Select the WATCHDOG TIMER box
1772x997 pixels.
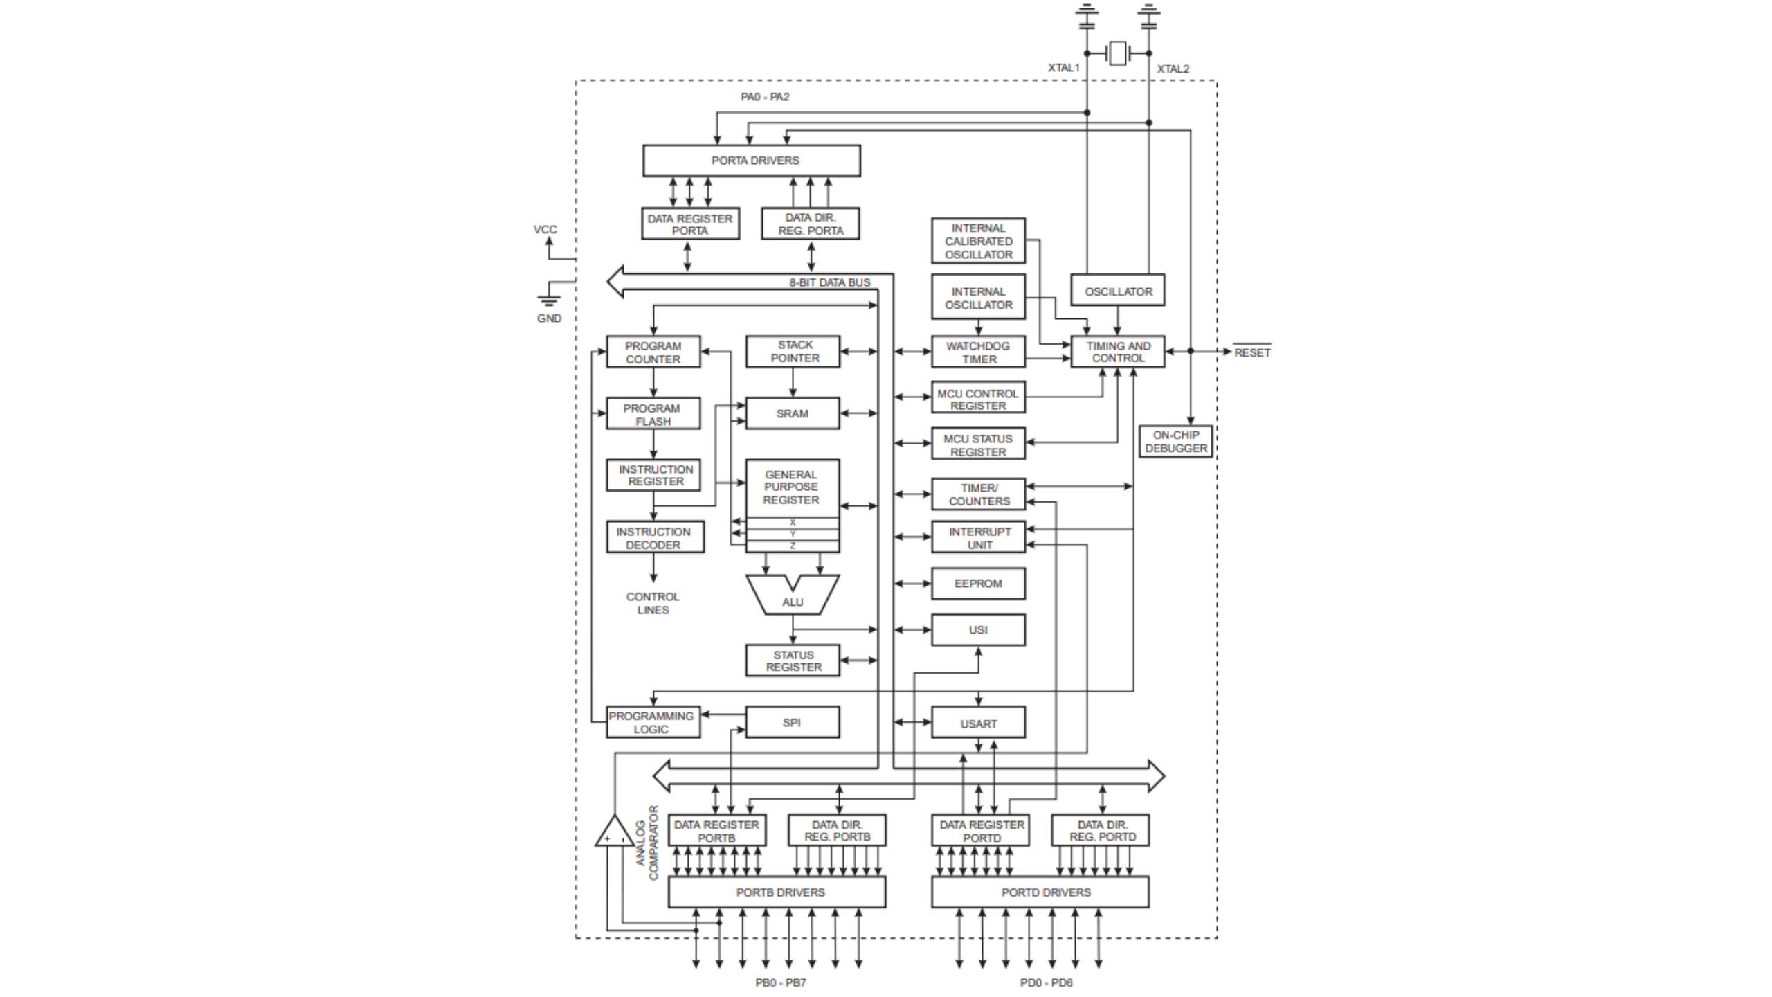pos(978,352)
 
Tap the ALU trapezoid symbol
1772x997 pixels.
pos(793,596)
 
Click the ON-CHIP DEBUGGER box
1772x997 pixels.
pos(1175,442)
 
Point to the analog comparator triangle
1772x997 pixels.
pos(613,833)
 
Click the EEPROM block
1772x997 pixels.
pos(978,584)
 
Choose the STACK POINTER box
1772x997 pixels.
pos(793,352)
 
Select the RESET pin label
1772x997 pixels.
pos(1252,352)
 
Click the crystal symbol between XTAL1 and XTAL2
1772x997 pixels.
pos(1117,53)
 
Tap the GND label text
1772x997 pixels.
pos(549,318)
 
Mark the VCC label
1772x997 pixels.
pos(545,230)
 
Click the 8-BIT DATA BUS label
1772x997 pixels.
pos(829,282)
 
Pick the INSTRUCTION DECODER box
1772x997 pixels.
pos(654,538)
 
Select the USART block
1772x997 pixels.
pos(978,724)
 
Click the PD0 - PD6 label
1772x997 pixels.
pos(1046,982)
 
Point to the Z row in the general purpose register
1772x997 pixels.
pos(793,546)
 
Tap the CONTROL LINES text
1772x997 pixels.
pos(653,603)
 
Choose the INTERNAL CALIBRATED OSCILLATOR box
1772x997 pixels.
pos(978,241)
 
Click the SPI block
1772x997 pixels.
pos(792,722)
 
